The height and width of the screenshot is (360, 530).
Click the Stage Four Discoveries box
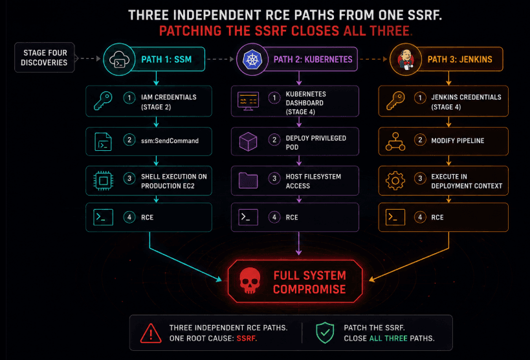click(44, 58)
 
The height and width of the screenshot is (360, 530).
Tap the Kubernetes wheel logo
click(252, 59)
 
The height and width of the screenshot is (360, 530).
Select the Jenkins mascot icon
click(406, 59)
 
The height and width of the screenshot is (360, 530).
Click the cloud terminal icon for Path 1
click(119, 59)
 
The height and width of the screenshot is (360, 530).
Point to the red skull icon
click(250, 281)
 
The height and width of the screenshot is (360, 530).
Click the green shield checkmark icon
click(325, 333)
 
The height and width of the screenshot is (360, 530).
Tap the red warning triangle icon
click(151, 333)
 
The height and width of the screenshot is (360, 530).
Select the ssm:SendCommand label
click(170, 141)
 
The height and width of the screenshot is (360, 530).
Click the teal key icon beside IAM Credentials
click(103, 101)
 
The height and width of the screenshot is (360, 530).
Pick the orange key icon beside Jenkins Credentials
click(395, 101)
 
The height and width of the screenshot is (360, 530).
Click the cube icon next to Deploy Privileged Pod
click(248, 141)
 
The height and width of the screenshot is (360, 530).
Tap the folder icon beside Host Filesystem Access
click(248, 181)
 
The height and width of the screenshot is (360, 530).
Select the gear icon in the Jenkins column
click(395, 181)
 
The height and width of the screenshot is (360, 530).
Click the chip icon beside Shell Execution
click(103, 181)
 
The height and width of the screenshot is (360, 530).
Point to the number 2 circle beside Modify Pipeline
click(420, 140)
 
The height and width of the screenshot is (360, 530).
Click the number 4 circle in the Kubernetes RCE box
click(274, 217)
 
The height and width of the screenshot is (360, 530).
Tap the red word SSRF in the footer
click(247, 339)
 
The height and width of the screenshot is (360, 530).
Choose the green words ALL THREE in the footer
click(388, 339)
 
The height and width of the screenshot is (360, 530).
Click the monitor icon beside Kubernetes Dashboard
click(248, 101)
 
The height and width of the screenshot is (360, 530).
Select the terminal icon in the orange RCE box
click(395, 217)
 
